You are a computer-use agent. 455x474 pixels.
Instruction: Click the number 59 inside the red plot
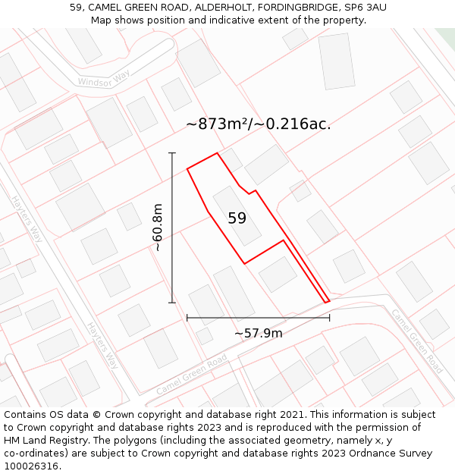click(x=237, y=218)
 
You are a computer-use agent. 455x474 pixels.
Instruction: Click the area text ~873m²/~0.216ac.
click(x=259, y=124)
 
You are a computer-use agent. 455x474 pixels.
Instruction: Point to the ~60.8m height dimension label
click(x=157, y=227)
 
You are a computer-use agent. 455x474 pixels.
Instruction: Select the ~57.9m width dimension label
click(x=258, y=333)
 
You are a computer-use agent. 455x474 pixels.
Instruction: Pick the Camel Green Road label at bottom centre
click(x=192, y=373)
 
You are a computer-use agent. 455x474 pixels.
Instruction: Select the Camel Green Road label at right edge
click(x=416, y=341)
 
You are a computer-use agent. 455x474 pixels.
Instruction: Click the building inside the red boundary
click(x=237, y=216)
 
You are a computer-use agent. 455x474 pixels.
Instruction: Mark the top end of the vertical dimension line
click(x=172, y=153)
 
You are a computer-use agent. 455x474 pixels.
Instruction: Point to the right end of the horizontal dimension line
click(x=329, y=318)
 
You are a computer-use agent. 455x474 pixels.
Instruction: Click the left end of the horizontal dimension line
click(x=187, y=318)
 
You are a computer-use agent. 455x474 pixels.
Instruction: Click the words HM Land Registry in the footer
click(x=39, y=441)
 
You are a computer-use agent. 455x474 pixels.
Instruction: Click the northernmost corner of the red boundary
click(x=218, y=153)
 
